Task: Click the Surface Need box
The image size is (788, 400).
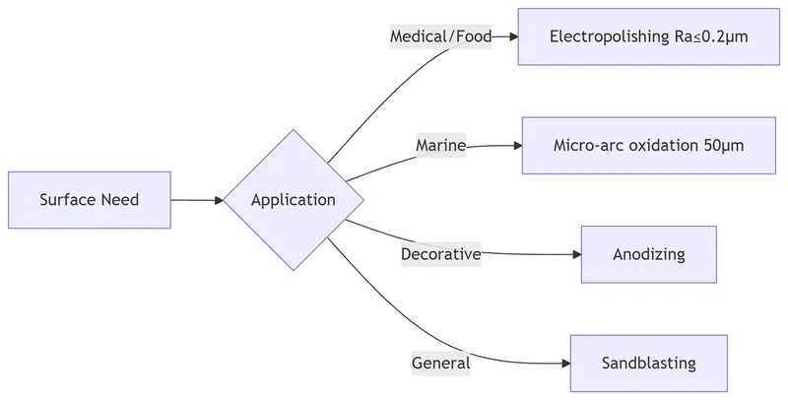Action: (89, 200)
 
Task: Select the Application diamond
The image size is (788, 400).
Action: (294, 200)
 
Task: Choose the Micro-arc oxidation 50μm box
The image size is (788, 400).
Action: (648, 146)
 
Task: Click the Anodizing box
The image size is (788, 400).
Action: (648, 254)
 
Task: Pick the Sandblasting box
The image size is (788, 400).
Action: (648, 363)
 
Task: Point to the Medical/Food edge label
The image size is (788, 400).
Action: (440, 37)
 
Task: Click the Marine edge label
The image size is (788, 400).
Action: (440, 146)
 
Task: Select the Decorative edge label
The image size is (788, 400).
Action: (440, 254)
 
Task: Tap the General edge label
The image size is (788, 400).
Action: (440, 363)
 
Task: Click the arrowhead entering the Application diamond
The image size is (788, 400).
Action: (218, 200)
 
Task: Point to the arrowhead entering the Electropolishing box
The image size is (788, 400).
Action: (512, 37)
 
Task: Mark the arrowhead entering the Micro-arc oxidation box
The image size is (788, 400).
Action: (516, 146)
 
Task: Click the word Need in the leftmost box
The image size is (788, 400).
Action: (118, 200)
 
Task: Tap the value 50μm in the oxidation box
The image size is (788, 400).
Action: (724, 146)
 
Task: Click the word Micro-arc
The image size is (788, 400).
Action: (588, 146)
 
